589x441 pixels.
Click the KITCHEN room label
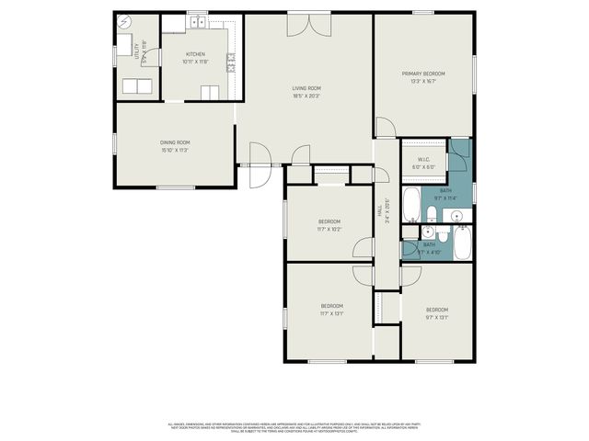pos(195,55)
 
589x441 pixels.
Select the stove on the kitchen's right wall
pos(233,62)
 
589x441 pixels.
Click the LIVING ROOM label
pos(306,88)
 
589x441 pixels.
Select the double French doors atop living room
pos(307,25)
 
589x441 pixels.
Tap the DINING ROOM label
pos(175,142)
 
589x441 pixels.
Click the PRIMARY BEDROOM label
pos(423,73)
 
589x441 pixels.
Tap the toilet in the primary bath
pos(431,216)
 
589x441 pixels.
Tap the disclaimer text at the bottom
pos(294,427)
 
